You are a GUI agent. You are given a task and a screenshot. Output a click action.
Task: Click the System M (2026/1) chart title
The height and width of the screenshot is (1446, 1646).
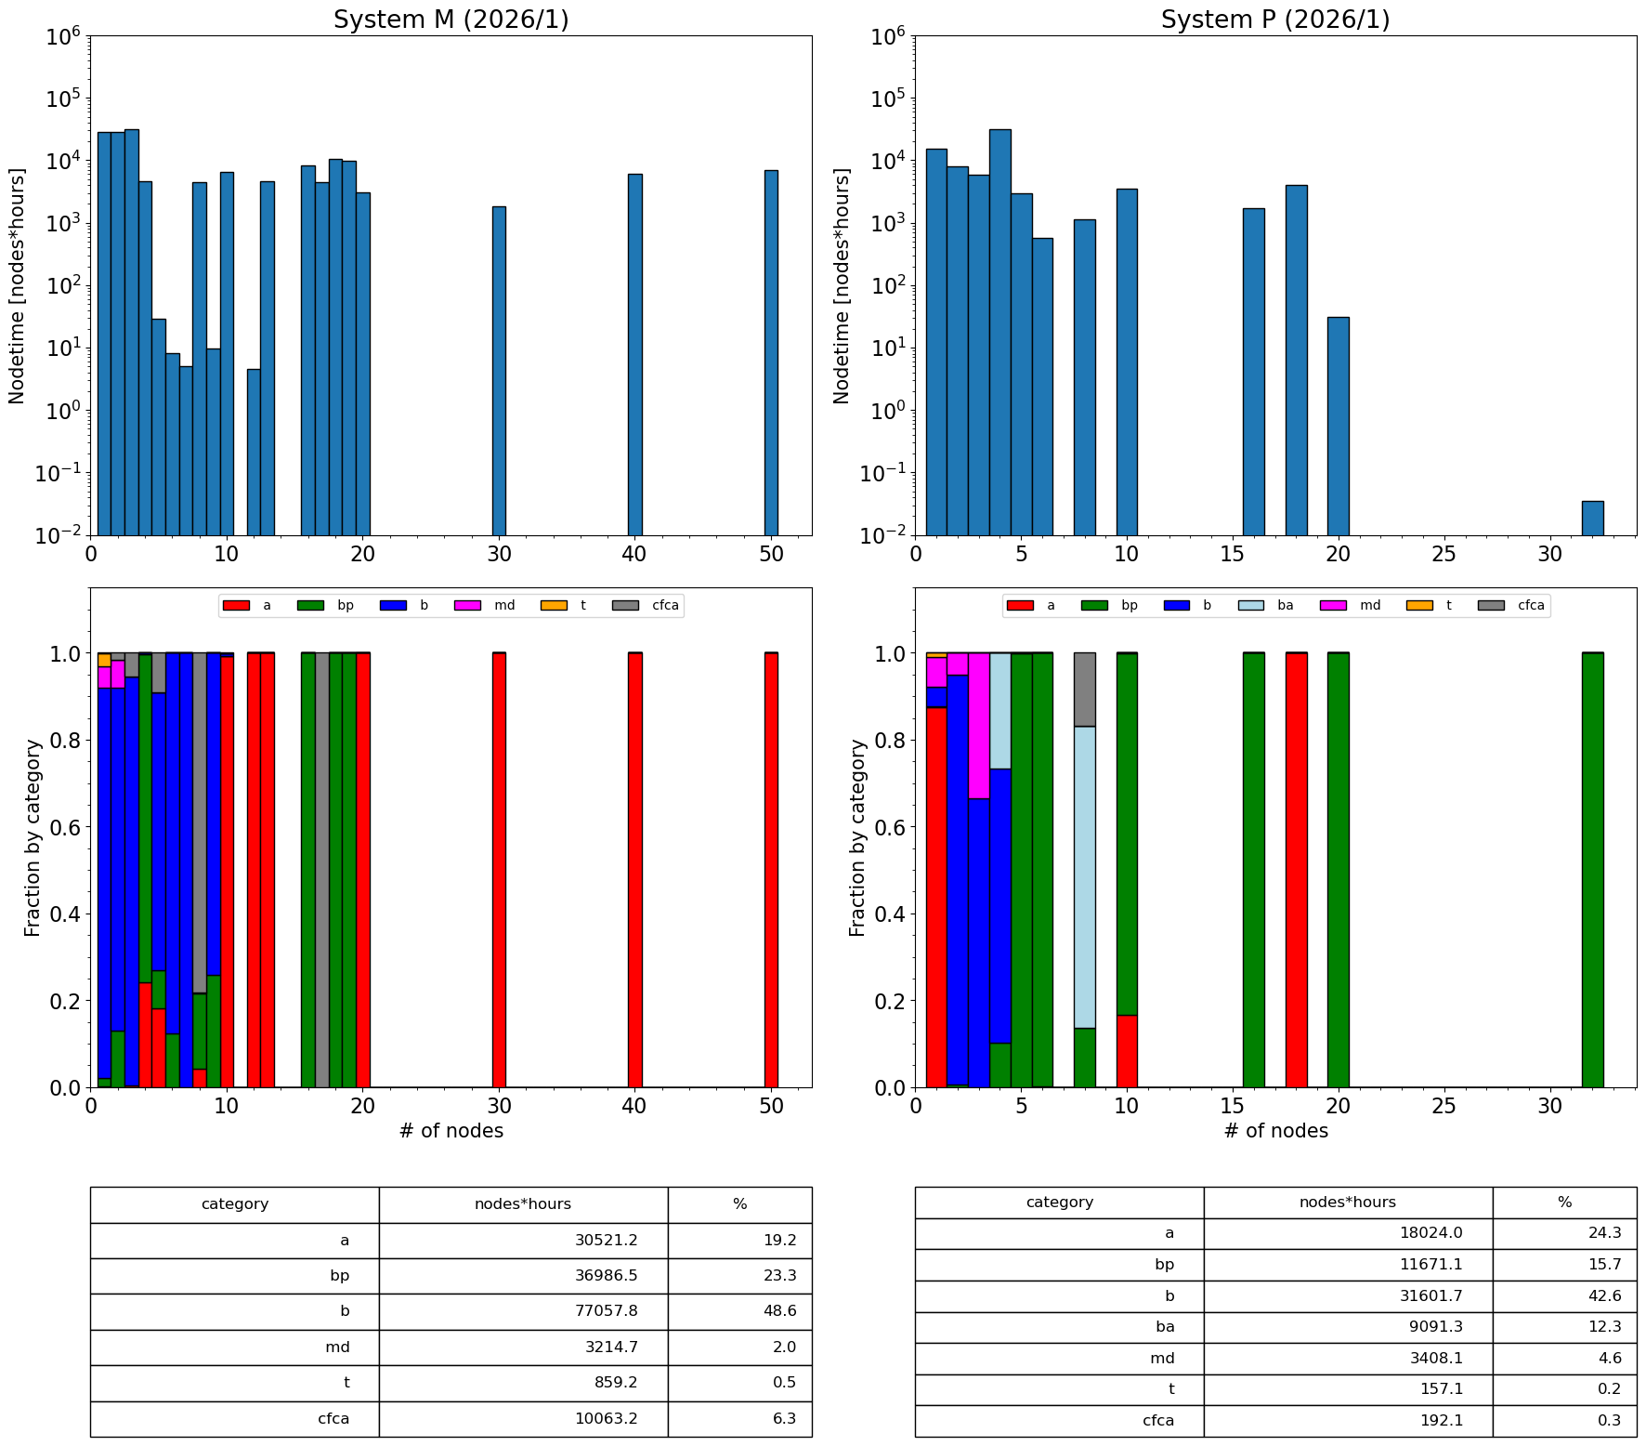pyautogui.click(x=451, y=20)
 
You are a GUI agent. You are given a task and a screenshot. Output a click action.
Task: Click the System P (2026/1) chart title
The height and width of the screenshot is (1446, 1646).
pyautogui.click(x=1275, y=20)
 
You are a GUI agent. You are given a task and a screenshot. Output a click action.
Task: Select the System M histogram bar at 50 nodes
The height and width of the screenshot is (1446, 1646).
pyautogui.click(x=771, y=353)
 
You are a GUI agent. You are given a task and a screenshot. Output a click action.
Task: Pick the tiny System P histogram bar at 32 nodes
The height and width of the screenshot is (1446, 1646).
pyautogui.click(x=1592, y=519)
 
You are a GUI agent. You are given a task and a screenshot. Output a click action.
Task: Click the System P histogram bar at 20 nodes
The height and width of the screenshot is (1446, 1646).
pyautogui.click(x=1338, y=427)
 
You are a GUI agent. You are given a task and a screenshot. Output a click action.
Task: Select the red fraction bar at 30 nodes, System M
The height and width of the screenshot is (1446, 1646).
pyautogui.click(x=499, y=870)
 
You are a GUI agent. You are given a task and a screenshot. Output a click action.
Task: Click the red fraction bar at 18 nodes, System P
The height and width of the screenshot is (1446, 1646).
pyautogui.click(x=1296, y=870)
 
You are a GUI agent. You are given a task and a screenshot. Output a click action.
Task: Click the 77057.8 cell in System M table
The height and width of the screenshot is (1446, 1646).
pyautogui.click(x=523, y=1311)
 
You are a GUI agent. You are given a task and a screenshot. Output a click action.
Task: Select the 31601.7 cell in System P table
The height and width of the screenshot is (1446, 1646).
pyautogui.click(x=1348, y=1296)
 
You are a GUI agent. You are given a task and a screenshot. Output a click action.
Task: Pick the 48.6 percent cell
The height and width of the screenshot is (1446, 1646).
pyautogui.click(x=739, y=1311)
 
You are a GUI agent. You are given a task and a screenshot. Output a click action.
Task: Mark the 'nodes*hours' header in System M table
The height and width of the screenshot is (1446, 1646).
pyautogui.click(x=523, y=1204)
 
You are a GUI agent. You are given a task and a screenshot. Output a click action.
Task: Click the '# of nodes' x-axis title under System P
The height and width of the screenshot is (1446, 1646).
pyautogui.click(x=1275, y=1131)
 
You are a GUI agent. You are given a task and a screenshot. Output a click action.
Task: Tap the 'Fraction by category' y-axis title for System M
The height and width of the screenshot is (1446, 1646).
pyautogui.click(x=33, y=837)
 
